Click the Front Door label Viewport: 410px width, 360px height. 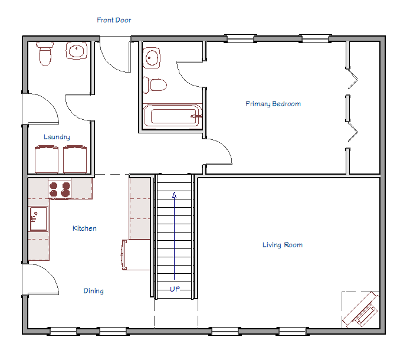coord(114,20)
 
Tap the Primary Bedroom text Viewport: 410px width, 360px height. coord(273,104)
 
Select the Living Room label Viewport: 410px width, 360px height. coord(282,245)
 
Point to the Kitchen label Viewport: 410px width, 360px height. coord(84,228)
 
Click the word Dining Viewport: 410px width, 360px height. coord(93,291)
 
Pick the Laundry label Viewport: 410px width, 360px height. coord(57,137)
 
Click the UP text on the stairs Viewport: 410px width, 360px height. coord(175,289)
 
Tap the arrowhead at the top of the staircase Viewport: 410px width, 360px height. coord(174,195)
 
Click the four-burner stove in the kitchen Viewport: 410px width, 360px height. coord(59,189)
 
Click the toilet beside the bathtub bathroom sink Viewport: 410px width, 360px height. coord(157,85)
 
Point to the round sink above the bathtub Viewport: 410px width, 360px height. coord(152,58)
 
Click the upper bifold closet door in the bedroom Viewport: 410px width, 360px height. coord(352,80)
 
